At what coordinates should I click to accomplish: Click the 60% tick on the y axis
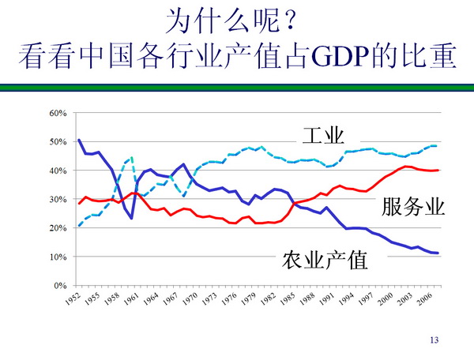click(58, 113)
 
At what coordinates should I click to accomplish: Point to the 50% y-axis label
click(58, 142)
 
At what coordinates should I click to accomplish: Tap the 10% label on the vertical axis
click(58, 257)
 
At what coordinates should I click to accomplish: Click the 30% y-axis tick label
click(58, 200)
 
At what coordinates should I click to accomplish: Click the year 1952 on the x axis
click(73, 301)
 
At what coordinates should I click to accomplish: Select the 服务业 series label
click(413, 207)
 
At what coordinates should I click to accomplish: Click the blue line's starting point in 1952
click(79, 140)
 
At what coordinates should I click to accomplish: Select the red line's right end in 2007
click(438, 170)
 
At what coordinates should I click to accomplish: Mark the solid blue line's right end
click(438, 253)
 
